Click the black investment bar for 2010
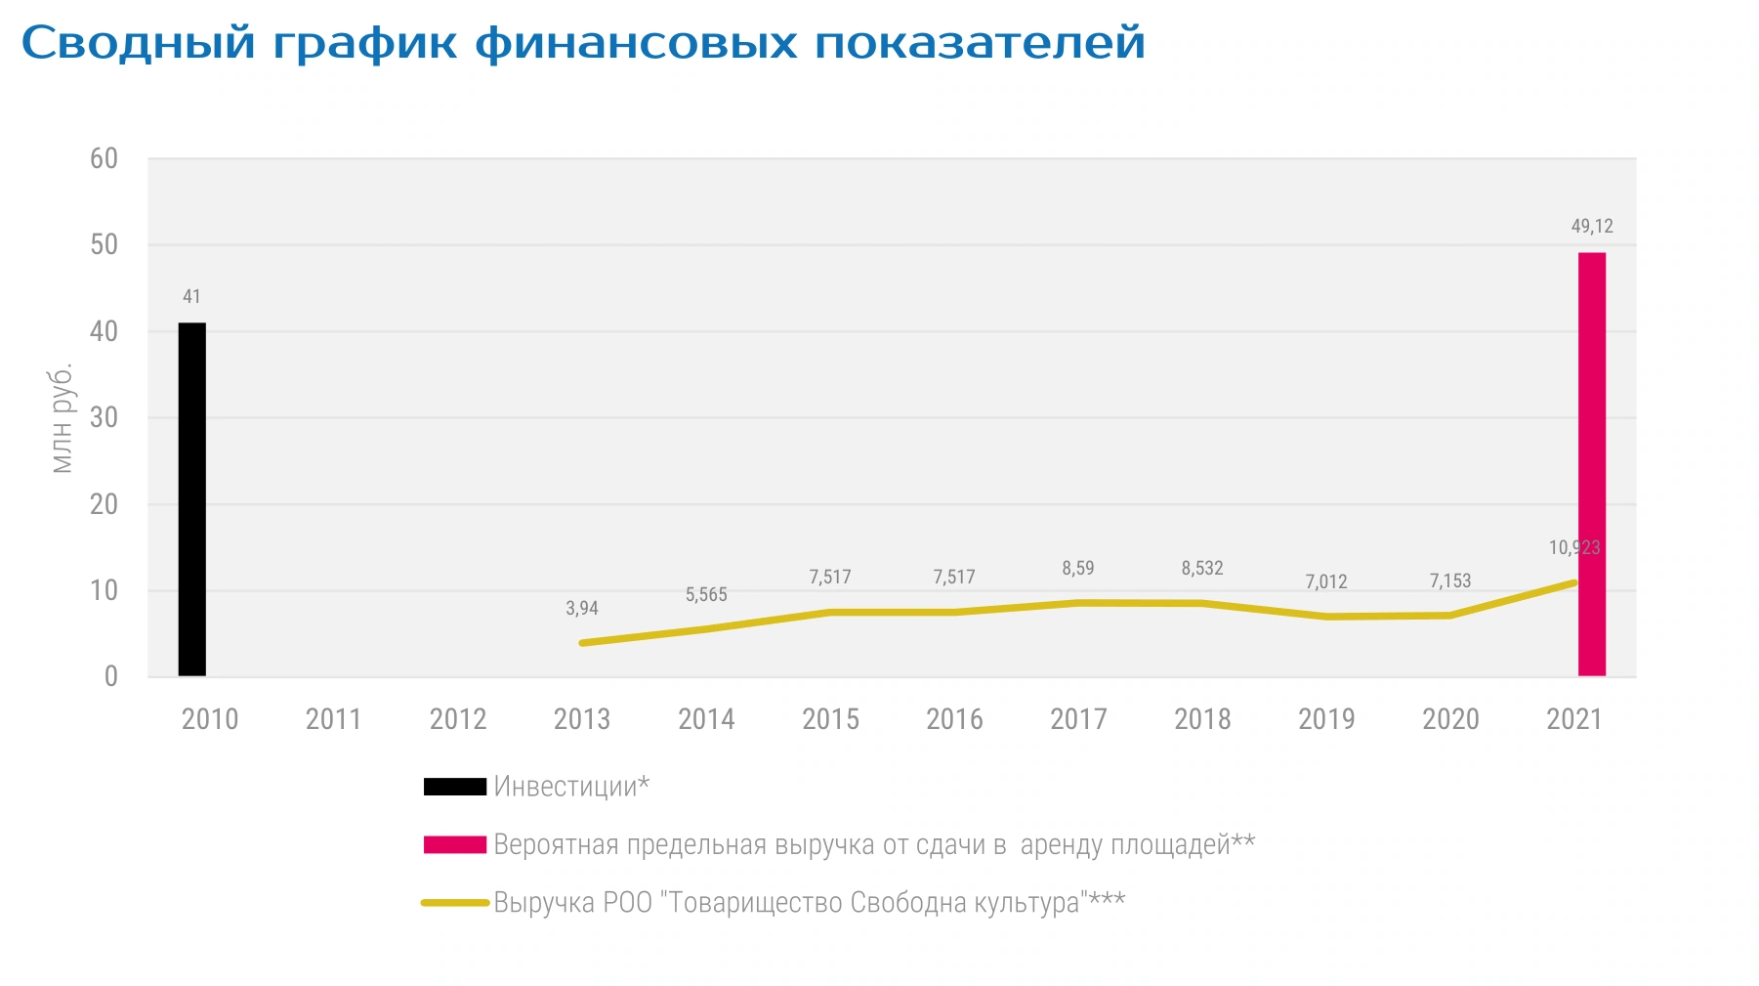[x=192, y=499]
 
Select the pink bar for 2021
[x=1592, y=464]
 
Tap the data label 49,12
[x=1592, y=227]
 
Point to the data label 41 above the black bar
[x=191, y=296]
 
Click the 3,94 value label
[x=582, y=608]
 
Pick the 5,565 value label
[x=706, y=594]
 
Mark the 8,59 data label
[x=1078, y=568]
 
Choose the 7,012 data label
[x=1326, y=581]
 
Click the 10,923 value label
[x=1574, y=547]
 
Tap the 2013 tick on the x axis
[x=582, y=719]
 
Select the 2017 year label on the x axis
[x=1078, y=719]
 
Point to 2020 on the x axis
[x=1450, y=719]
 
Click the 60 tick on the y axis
[x=104, y=158]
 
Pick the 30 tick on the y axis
[x=104, y=417]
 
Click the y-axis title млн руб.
[x=62, y=418]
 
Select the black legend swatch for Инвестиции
[x=455, y=787]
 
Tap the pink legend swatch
[x=455, y=844]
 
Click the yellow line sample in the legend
[x=455, y=903]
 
